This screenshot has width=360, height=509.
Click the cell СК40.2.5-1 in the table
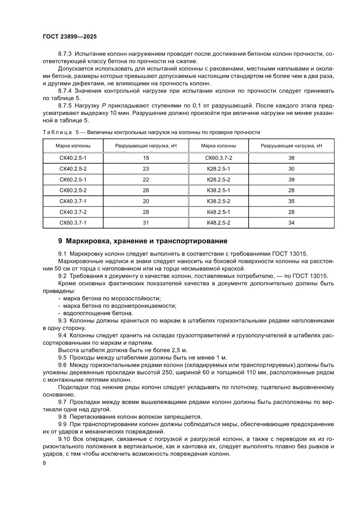[73, 158]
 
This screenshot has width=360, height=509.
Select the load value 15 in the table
[146, 158]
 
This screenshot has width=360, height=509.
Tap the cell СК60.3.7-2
[219, 158]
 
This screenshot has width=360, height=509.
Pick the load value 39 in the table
[291, 179]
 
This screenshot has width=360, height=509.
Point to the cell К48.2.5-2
[219, 223]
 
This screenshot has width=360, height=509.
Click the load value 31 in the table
[146, 223]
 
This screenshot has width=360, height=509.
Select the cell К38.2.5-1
[219, 190]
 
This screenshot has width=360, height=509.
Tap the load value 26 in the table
[146, 190]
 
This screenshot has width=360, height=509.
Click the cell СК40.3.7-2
[73, 212]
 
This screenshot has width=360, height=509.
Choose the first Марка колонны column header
[73, 146]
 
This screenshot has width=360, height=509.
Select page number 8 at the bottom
[44, 463]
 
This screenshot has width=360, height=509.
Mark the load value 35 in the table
[291, 201]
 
